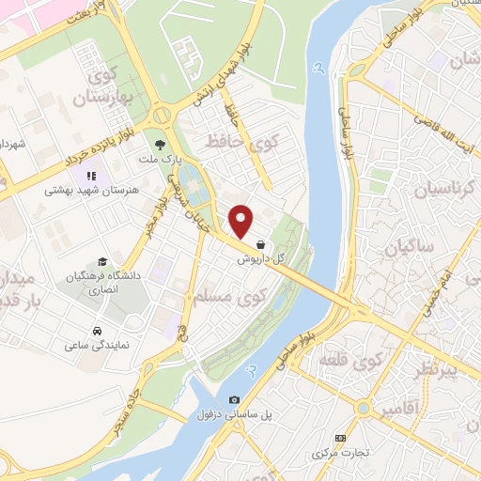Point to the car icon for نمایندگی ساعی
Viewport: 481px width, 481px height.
pos(98,331)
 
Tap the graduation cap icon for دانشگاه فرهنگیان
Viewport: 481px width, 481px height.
pos(101,262)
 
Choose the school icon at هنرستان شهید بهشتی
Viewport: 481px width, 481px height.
pos(91,176)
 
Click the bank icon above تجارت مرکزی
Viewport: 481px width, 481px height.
pos(339,438)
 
